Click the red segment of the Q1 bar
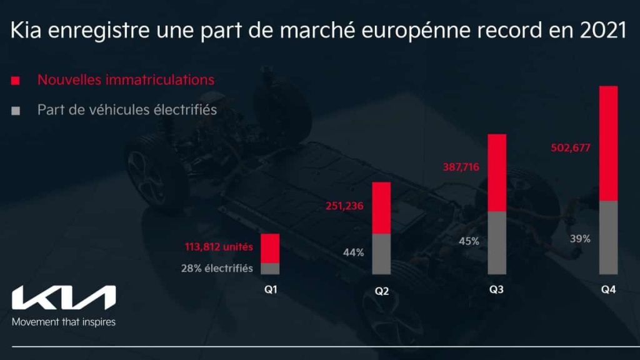pos(270,248)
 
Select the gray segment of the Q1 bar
pos(270,269)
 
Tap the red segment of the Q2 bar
pos(381,207)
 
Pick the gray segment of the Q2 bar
pos(381,254)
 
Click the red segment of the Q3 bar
pos(496,172)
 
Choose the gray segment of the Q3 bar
pos(496,242)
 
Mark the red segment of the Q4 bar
pos(608,143)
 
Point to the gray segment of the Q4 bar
pos(608,237)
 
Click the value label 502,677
pos(571,148)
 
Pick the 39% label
pos(580,239)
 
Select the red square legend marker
pos(16,81)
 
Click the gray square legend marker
pos(16,111)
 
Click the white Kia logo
pos(64,298)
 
